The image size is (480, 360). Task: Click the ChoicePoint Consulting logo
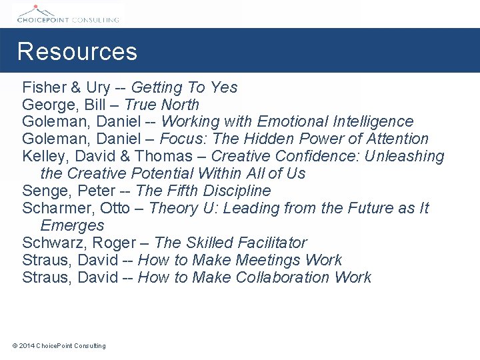pos(67,14)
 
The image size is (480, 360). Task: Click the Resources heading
pos(77,52)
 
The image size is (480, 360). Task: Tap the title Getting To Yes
pos(184,87)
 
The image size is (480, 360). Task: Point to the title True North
pos(161,105)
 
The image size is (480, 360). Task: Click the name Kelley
pos(42,157)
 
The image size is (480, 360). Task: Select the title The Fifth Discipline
pos(203,191)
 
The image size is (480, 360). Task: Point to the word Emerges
pos(72,226)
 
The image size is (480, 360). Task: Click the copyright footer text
pos(59,345)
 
